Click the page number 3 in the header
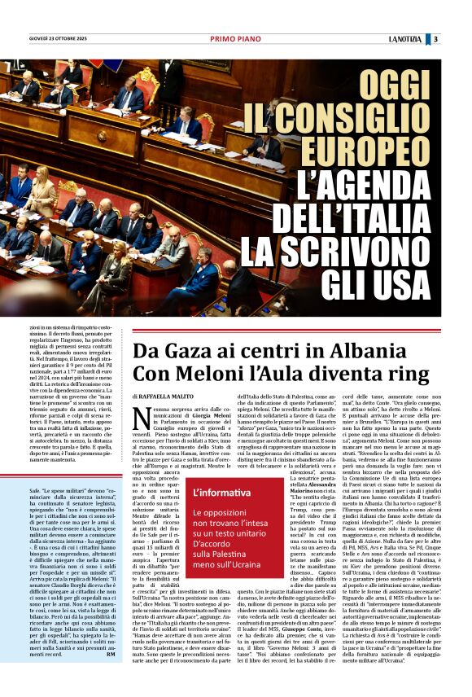(x=436, y=38)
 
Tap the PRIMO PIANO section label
(x=235, y=38)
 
